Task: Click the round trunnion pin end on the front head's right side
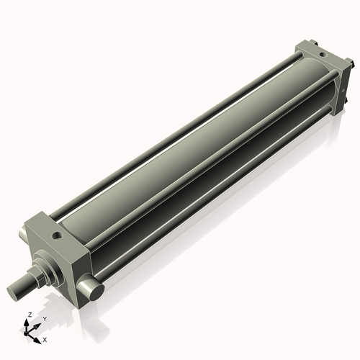point(93,290)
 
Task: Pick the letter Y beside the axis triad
point(44,319)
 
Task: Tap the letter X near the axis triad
point(45,338)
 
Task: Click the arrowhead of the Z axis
point(28,322)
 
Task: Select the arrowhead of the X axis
point(37,336)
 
